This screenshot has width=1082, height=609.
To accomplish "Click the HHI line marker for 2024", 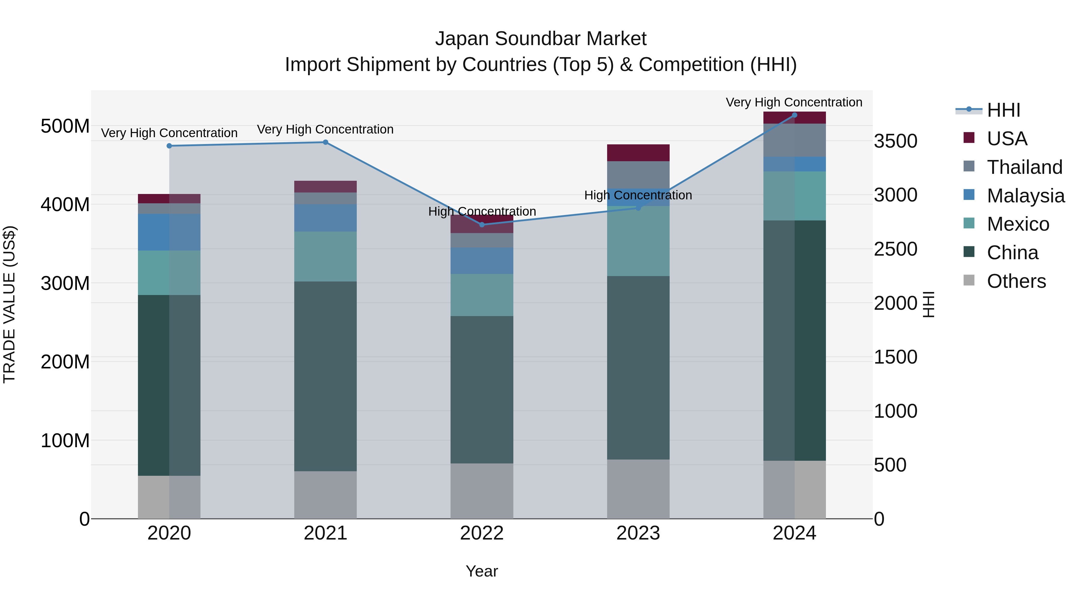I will (794, 115).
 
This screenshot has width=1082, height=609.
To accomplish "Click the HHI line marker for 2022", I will (482, 225).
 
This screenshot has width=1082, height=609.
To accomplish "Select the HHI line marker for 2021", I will (326, 143).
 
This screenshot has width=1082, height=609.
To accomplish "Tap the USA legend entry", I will (1007, 139).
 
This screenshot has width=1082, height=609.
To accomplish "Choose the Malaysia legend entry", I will (1025, 196).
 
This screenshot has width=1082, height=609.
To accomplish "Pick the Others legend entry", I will (1016, 281).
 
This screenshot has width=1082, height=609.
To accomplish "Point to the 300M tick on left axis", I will (65, 283).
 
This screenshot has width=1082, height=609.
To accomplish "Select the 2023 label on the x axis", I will (638, 533).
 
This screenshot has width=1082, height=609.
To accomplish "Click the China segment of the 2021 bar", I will (326, 376).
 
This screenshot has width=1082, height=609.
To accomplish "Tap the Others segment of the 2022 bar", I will (482, 491).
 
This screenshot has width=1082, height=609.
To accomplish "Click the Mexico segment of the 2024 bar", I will (794, 196).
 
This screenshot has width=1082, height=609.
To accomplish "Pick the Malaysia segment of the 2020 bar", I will (169, 232).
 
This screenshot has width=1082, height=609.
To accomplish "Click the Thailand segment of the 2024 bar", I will (794, 140).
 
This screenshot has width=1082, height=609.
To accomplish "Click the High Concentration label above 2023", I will (638, 195).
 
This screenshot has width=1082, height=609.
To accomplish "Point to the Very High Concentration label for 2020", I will (169, 133).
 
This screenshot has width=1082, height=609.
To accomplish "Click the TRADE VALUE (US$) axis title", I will (9, 304).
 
